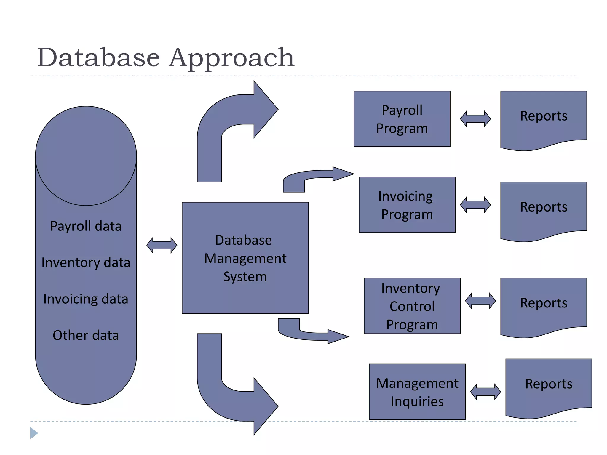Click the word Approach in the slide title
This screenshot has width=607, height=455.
tap(232, 58)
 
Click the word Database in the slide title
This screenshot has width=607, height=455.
tap(98, 58)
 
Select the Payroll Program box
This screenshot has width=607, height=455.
tap(402, 119)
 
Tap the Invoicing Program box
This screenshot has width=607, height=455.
tap(407, 205)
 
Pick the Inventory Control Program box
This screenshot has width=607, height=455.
tap(412, 306)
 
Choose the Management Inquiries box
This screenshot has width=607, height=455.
tap(417, 392)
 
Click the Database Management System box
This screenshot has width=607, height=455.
tap(245, 258)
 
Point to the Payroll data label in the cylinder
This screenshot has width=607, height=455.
tap(86, 226)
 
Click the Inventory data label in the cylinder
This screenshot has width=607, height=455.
tap(86, 263)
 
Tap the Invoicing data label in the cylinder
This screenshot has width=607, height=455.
tap(86, 299)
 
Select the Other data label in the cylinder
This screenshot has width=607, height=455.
tap(86, 335)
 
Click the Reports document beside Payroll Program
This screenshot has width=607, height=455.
tap(544, 118)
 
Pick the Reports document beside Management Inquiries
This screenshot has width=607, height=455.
tap(549, 387)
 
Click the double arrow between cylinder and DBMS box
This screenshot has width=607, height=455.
tap(162, 245)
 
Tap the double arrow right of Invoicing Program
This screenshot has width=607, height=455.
tap(475, 205)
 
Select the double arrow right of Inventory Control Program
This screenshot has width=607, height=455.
tap(480, 301)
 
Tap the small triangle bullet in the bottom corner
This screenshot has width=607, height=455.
tap(33, 433)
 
